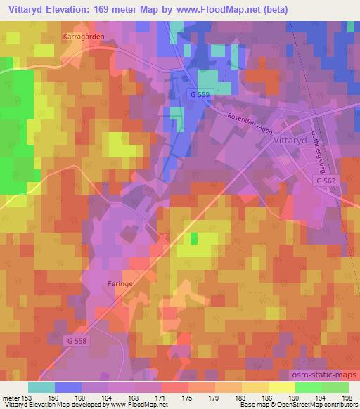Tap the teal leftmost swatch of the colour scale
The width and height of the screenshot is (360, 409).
[41, 387]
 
